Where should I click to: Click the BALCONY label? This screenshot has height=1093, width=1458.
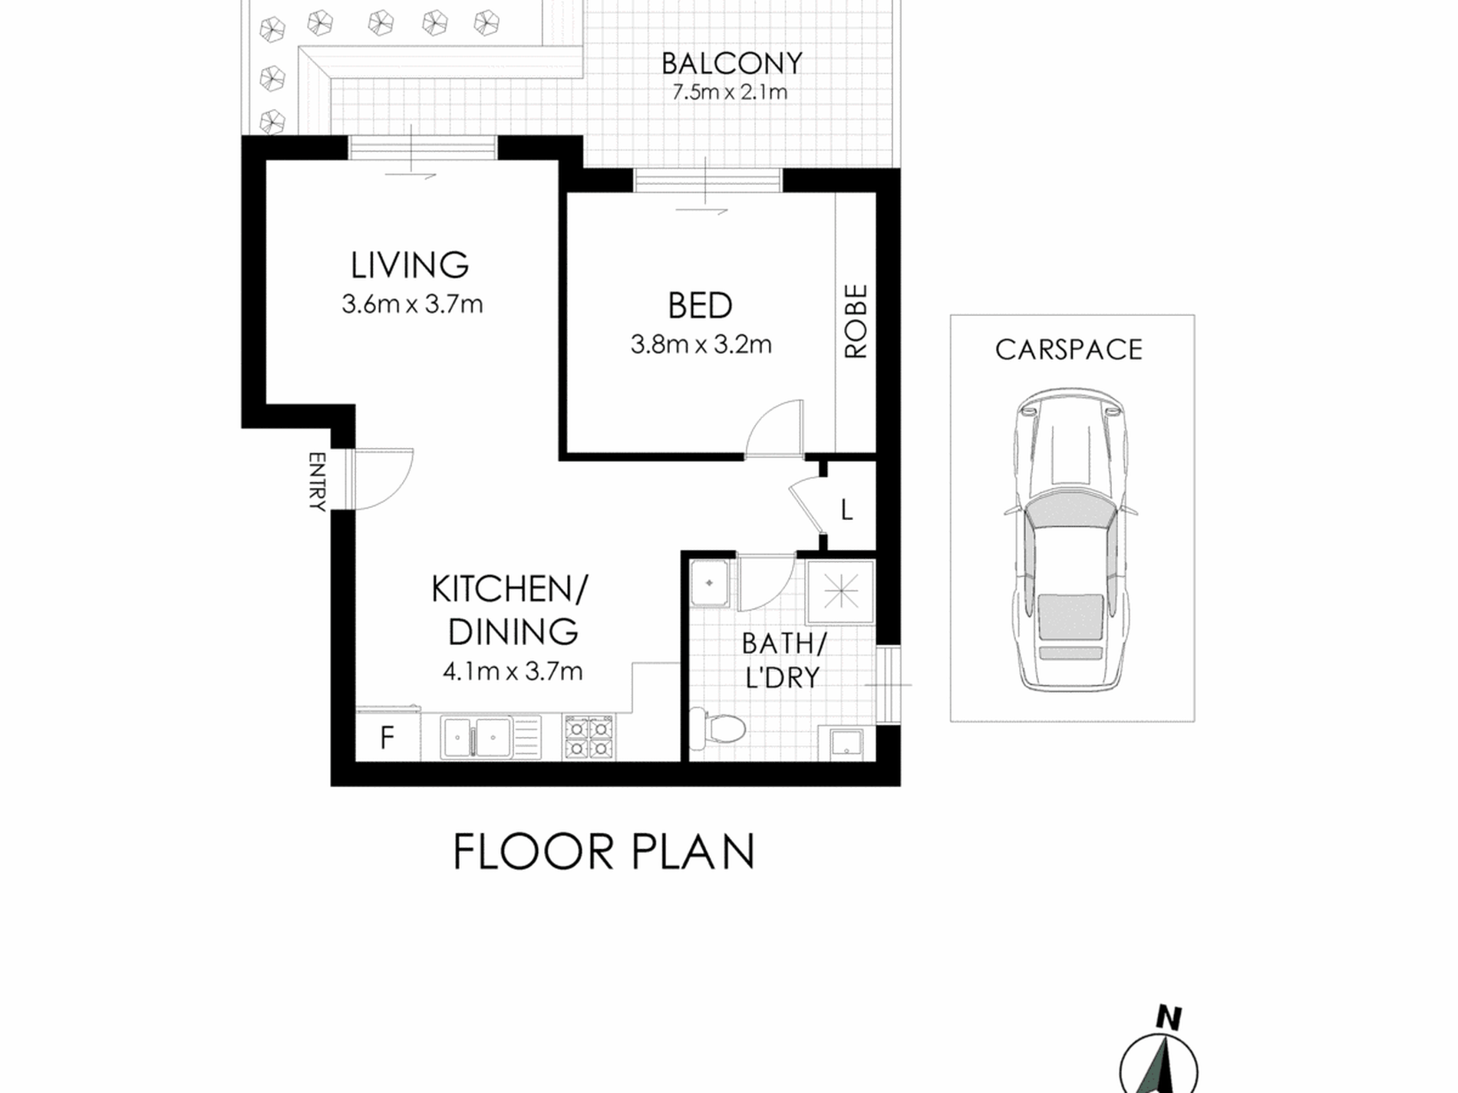point(731,63)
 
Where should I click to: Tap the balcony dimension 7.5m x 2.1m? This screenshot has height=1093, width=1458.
point(730,93)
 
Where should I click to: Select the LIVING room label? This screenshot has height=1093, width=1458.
point(410,265)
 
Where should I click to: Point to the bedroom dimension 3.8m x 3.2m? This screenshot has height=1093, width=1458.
point(701,345)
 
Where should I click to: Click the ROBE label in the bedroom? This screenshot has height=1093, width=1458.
point(856,321)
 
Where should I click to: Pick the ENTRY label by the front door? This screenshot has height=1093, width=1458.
point(317,482)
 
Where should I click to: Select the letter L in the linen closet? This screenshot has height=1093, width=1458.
point(847,510)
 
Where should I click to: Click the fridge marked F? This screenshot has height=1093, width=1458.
point(388,736)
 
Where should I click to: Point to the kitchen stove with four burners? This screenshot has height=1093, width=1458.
point(589,737)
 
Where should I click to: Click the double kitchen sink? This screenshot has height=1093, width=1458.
point(476,737)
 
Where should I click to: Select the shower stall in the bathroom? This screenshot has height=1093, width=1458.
point(840,592)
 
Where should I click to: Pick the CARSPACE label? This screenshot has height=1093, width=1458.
point(1069,350)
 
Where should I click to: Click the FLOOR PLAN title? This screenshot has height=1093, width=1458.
point(604,851)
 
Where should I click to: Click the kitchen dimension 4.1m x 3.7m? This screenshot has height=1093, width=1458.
point(513,672)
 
